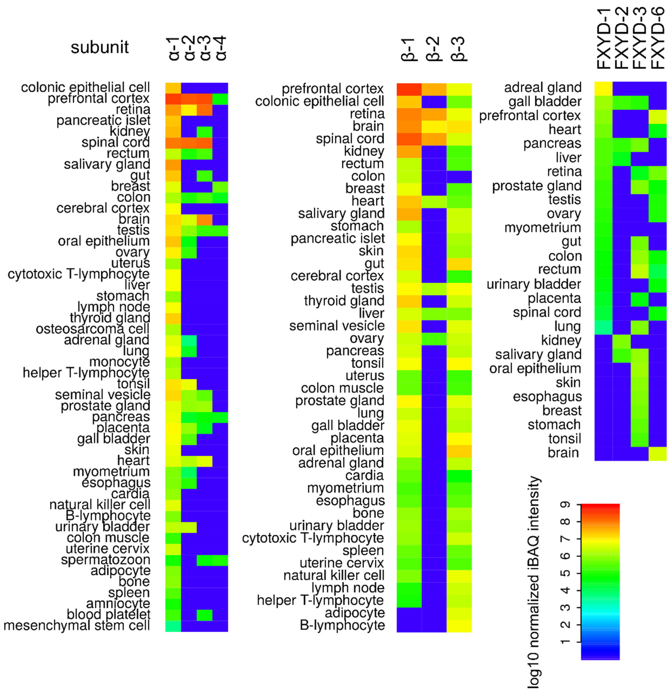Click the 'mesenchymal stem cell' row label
[77, 625]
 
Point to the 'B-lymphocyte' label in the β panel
[342, 625]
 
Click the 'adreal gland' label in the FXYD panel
[543, 87]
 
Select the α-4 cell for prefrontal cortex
[220, 99]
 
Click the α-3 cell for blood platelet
[204, 614]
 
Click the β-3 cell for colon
[459, 176]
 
